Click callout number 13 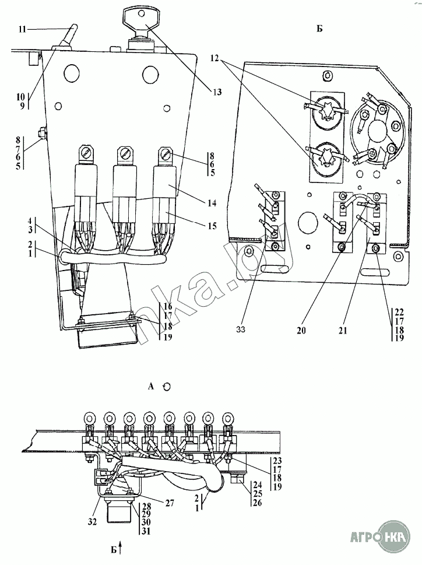pyautogui.click(x=217, y=92)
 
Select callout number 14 pyautogui.click(x=212, y=203)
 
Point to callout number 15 pyautogui.click(x=212, y=226)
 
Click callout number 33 pyautogui.click(x=241, y=329)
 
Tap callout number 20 pyautogui.click(x=301, y=329)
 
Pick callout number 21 pyautogui.click(x=343, y=329)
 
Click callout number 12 pyautogui.click(x=214, y=58)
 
